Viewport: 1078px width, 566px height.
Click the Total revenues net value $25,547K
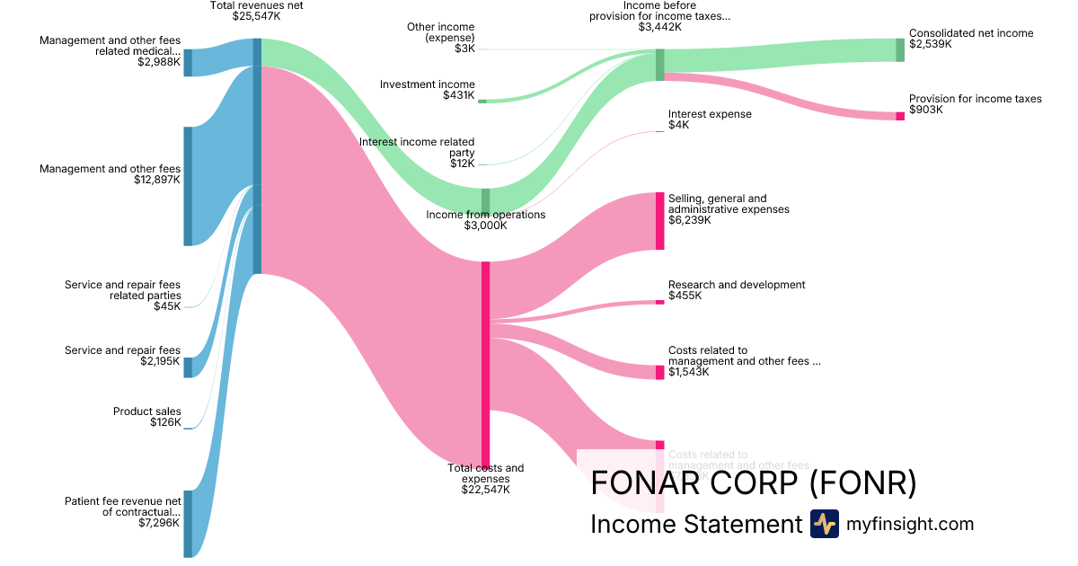coord(256,16)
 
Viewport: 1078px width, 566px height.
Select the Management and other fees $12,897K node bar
coord(189,186)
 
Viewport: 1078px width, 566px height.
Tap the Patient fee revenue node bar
coord(189,523)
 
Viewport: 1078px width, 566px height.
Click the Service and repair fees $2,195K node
coord(189,367)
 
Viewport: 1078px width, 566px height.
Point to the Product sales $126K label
coord(146,417)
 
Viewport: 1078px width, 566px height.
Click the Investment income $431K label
coord(427,89)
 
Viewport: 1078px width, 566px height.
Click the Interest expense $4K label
coord(709,119)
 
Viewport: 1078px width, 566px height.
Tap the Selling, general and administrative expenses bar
coord(660,221)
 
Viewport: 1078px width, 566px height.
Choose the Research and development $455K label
coord(736,289)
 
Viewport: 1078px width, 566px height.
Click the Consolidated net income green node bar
coord(900,50)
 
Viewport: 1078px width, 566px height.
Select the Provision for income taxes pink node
coord(900,116)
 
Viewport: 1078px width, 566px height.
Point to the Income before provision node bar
coord(660,65)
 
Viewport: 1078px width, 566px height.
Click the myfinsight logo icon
coord(824,524)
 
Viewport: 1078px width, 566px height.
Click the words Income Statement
coord(695,525)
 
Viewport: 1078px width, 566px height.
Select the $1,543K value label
coord(689,372)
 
